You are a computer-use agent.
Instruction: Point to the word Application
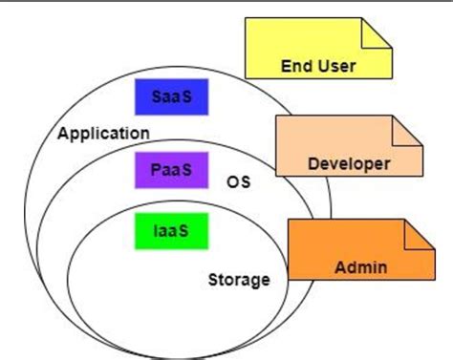(x=103, y=133)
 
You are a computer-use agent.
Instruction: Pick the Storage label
(x=239, y=281)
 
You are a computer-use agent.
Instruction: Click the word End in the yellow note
(x=295, y=67)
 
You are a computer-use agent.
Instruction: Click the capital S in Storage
(x=214, y=281)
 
